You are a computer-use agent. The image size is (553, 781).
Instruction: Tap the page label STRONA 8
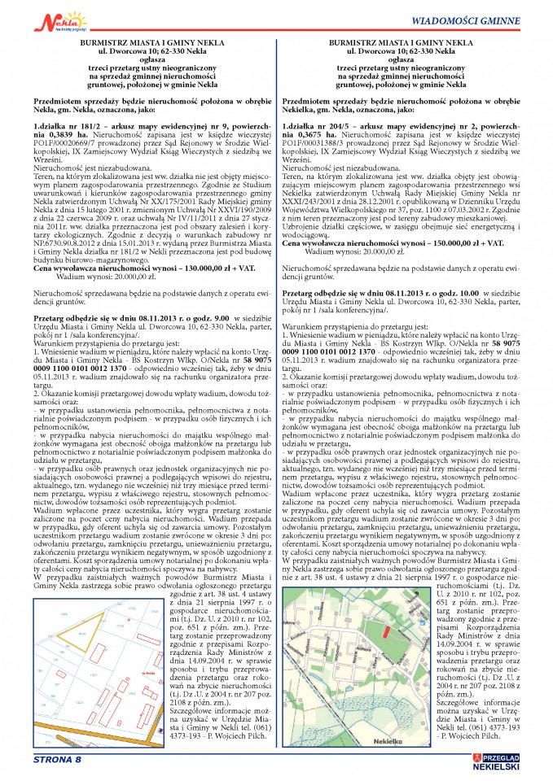(57, 761)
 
